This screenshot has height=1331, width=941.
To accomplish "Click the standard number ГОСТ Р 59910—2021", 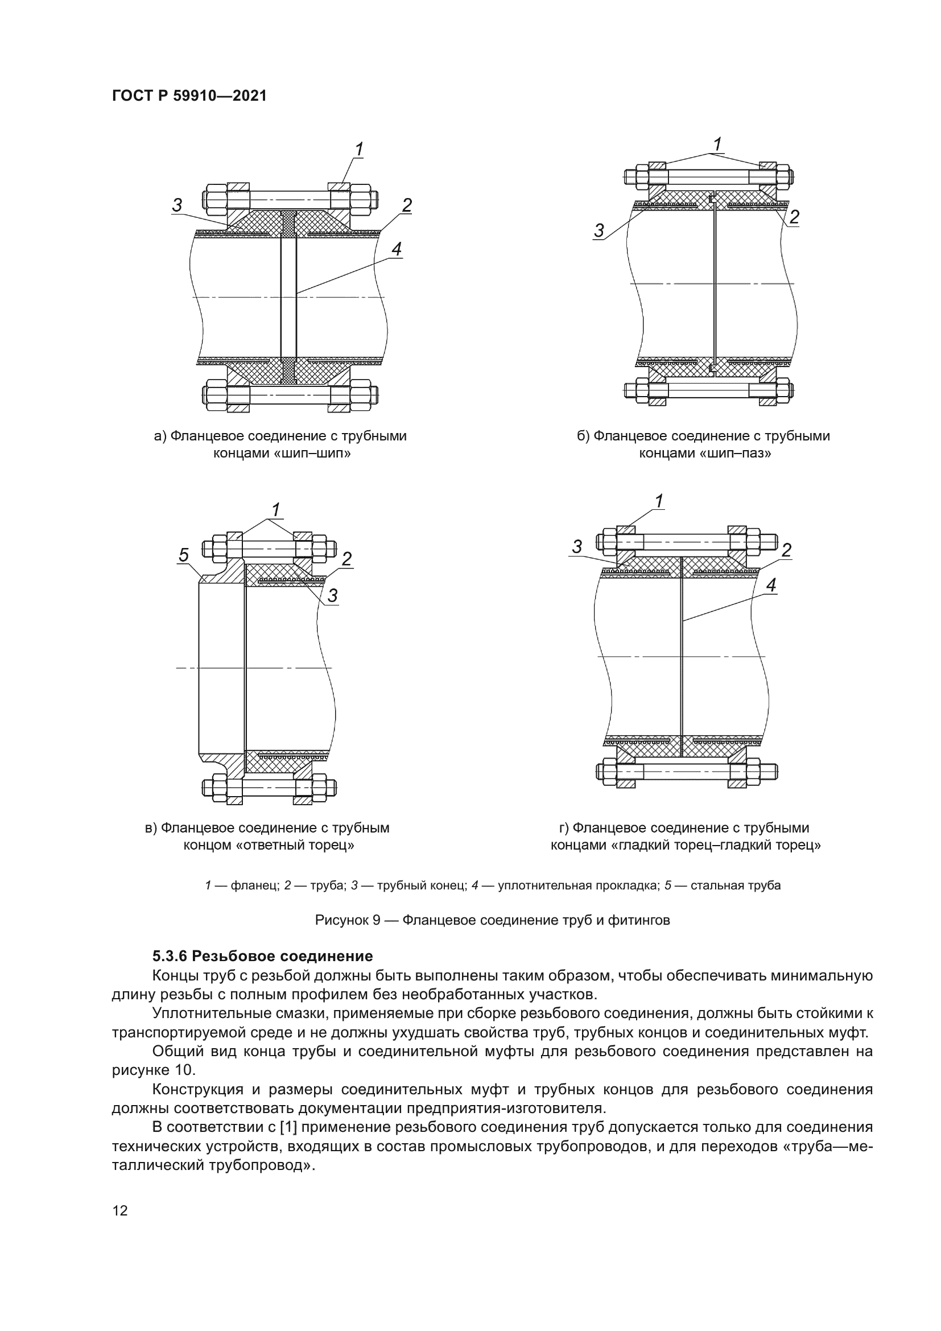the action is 189,96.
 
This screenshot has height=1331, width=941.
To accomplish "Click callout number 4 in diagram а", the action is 397,249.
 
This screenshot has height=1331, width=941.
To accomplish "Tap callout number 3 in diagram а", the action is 178,205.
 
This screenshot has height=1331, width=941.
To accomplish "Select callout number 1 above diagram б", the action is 717,144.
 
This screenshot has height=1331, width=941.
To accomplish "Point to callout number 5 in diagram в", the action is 183,555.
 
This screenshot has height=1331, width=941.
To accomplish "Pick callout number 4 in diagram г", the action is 771,586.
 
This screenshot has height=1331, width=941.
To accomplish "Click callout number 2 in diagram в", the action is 346,559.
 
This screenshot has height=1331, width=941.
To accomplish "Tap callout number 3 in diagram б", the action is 599,230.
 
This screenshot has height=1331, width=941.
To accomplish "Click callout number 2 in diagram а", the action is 407,205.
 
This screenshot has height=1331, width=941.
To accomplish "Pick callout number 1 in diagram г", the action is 659,500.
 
